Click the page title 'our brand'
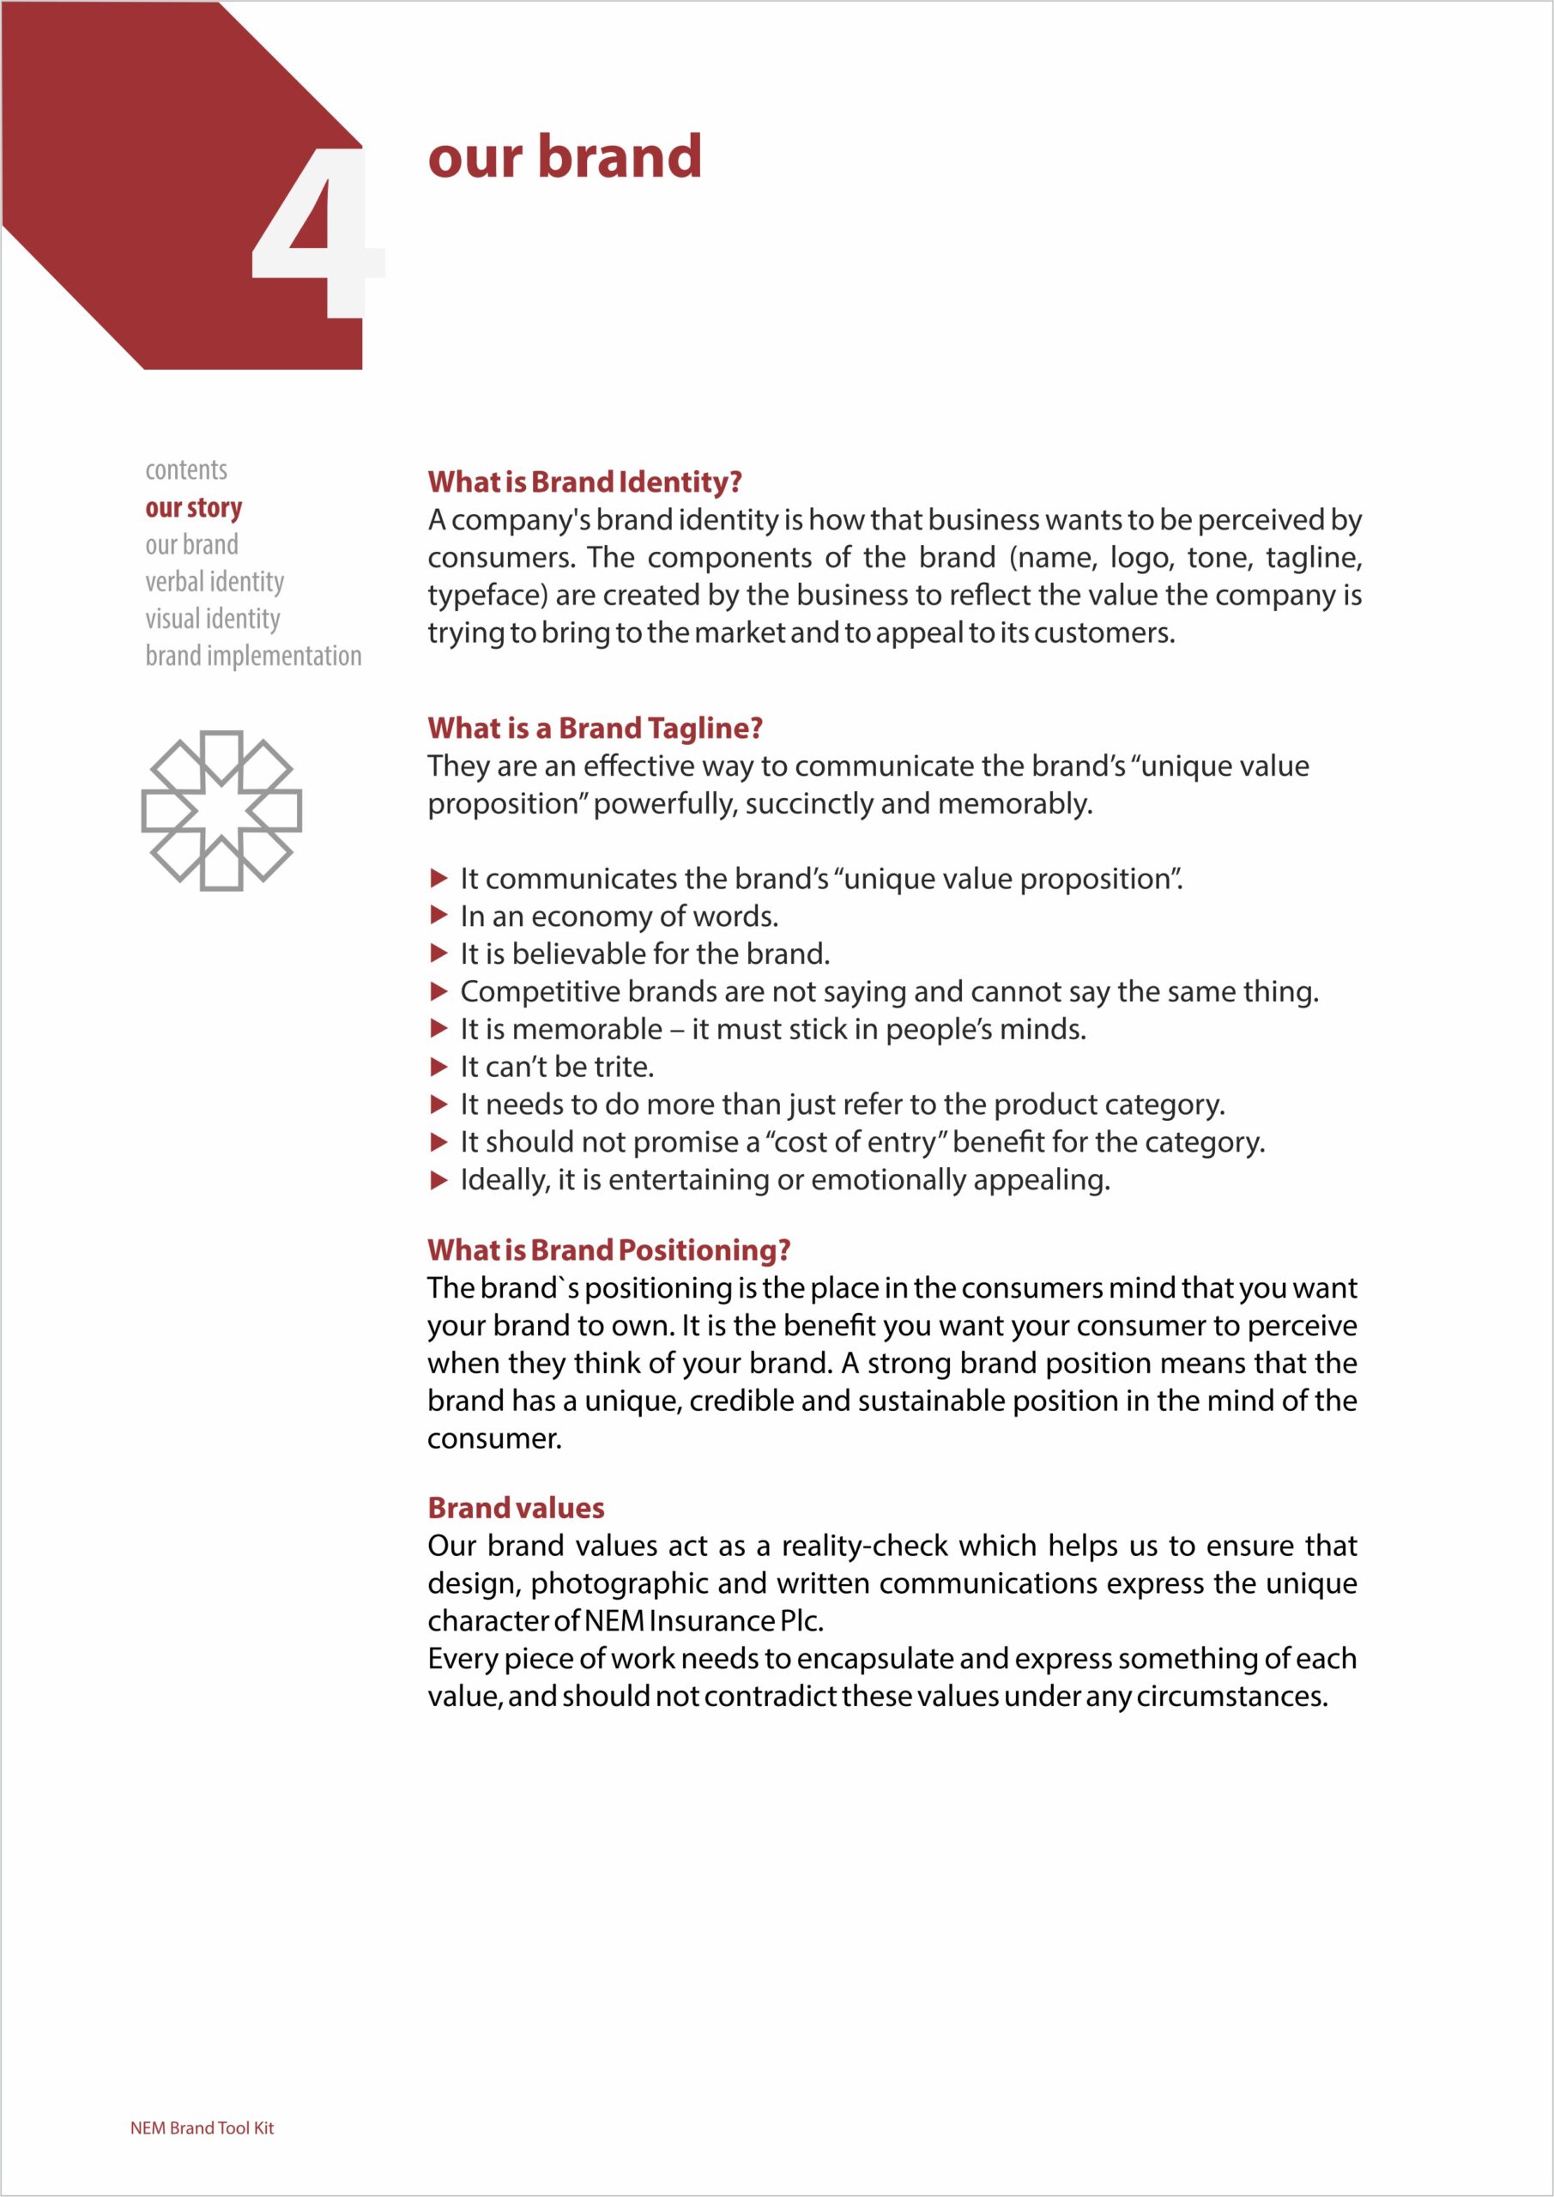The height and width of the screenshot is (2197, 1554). [x=565, y=157]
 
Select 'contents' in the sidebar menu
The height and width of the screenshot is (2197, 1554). [x=186, y=469]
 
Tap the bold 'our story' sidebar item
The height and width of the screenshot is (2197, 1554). [x=193, y=507]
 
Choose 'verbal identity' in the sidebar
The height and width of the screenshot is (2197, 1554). [x=215, y=582]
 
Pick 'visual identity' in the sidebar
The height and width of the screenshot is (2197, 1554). [x=213, y=619]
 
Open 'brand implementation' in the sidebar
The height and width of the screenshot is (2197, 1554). [x=254, y=657]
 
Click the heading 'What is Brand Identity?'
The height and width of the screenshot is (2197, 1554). [x=584, y=482]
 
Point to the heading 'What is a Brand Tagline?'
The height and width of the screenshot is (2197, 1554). [x=596, y=729]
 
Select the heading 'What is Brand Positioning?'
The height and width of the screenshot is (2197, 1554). [x=608, y=1250]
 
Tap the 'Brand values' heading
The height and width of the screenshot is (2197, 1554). [x=516, y=1508]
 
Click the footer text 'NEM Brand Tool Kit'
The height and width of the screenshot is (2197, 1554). [x=202, y=2128]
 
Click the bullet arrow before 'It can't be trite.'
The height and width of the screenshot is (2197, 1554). [x=439, y=1067]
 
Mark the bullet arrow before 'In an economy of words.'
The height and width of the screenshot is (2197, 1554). [x=439, y=916]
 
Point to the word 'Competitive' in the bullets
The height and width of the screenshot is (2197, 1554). [x=542, y=992]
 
